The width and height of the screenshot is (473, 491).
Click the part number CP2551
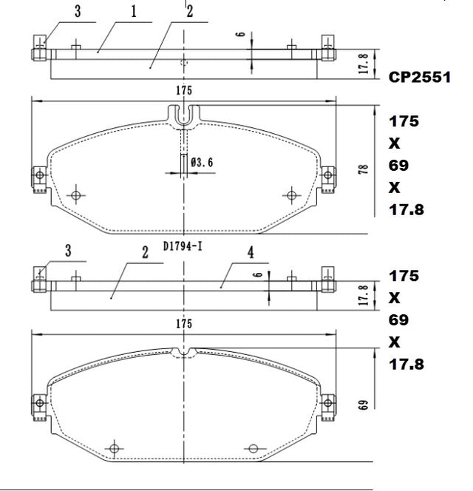420,78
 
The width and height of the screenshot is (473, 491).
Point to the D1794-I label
183,246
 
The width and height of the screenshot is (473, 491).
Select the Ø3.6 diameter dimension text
202,163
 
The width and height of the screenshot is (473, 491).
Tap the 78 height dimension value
363,169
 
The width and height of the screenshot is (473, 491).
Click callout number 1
134,12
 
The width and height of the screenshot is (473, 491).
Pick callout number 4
251,252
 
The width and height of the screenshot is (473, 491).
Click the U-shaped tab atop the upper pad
184,115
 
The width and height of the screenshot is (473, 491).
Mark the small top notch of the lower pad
184,352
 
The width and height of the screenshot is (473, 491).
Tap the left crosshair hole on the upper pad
76,196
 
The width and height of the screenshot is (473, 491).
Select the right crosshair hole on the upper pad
291,196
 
